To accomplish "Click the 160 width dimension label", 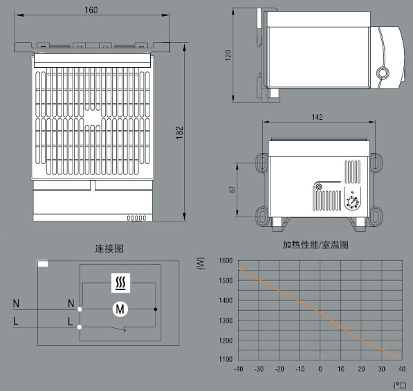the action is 91,10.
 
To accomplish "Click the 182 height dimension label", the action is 179,133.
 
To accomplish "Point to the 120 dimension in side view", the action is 228,55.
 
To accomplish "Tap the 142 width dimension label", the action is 317,117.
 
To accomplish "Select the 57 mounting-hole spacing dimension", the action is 232,189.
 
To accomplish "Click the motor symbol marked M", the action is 120,309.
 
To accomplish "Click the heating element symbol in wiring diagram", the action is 120,283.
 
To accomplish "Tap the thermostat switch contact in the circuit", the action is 118,329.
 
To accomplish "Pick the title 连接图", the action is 109,248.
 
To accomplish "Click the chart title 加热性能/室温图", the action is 315,245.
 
